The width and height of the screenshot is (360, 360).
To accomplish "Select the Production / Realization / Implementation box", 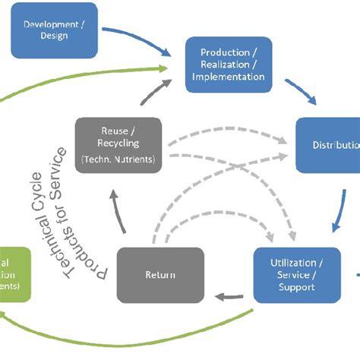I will pyautogui.click(x=227, y=64).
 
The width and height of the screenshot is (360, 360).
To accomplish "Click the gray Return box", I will pyautogui.click(x=159, y=275).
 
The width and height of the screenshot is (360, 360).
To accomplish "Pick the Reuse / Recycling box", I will pyautogui.click(x=118, y=145).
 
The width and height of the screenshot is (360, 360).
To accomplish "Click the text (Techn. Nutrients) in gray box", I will pyautogui.click(x=118, y=159).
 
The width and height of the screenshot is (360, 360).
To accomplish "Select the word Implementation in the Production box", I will pyautogui.click(x=227, y=76).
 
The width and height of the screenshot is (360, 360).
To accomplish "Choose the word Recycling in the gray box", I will pyautogui.click(x=118, y=143).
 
